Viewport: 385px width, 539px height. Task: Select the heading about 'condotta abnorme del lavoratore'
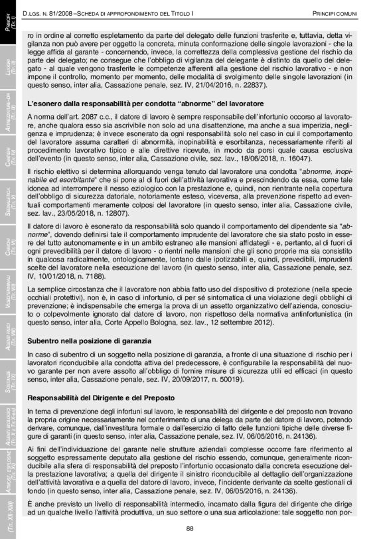coord(143,104)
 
